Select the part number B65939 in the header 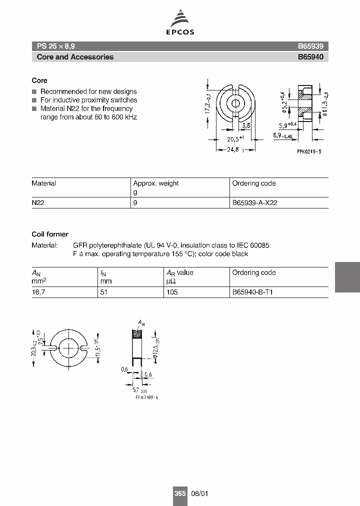tap(310, 45)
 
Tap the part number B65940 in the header tap(310, 57)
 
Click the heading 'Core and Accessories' tap(75, 57)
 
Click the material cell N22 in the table tap(38, 203)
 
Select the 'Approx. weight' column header tap(156, 183)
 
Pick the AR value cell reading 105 tap(172, 292)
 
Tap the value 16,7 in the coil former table tap(38, 292)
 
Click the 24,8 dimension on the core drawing tap(233, 149)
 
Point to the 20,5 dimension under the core tap(235, 139)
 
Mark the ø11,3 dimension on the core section tap(325, 104)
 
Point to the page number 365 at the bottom tap(179, 493)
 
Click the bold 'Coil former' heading tap(50, 234)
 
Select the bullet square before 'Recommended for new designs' tap(34, 92)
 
